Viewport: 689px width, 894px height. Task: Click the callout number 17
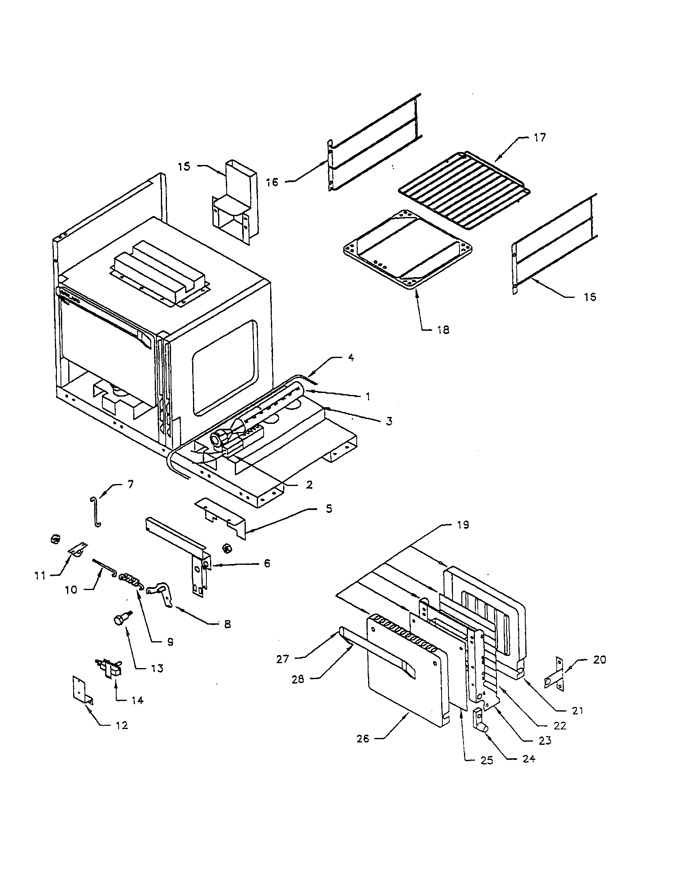click(539, 138)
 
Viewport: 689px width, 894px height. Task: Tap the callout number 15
click(184, 167)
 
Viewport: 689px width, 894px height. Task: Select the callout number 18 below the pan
click(443, 330)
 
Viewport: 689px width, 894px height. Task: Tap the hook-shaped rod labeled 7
click(95, 511)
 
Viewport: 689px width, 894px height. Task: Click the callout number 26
click(362, 739)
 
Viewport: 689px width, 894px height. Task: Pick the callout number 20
click(599, 660)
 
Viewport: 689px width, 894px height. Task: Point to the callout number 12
click(122, 725)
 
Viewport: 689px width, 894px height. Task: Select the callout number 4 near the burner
click(351, 357)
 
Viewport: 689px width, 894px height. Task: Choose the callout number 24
click(529, 759)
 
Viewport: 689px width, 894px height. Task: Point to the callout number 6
click(267, 564)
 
